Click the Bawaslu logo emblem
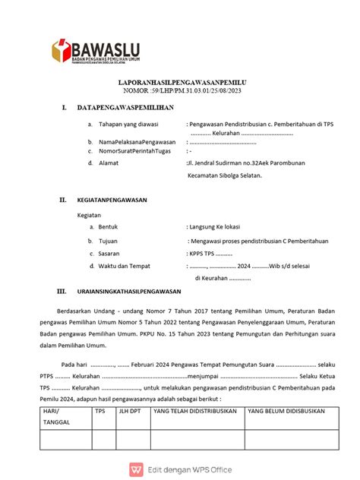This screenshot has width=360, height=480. click(x=60, y=51)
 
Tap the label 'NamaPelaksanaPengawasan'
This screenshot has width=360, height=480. click(x=135, y=142)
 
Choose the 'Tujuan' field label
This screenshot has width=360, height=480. click(x=109, y=240)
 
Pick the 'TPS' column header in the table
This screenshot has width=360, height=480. click(x=99, y=411)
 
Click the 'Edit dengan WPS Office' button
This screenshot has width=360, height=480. click(x=179, y=468)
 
